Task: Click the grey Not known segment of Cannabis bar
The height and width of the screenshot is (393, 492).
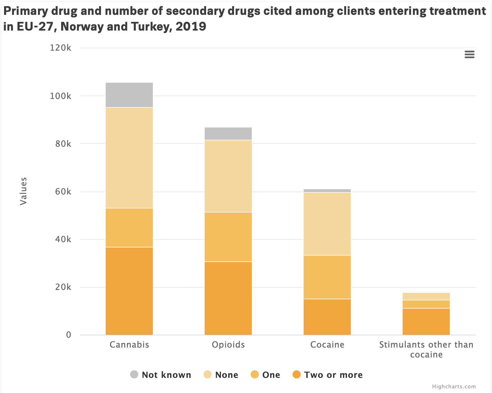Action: point(129,95)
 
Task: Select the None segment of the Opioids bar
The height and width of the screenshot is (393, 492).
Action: point(228,176)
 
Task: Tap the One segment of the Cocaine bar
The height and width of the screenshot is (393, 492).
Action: point(327,277)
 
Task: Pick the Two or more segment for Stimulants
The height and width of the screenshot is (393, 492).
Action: point(426,322)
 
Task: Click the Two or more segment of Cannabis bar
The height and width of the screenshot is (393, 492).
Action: point(129,291)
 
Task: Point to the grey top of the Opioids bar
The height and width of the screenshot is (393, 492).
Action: point(228,134)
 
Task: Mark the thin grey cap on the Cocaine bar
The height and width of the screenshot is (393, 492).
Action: point(327,191)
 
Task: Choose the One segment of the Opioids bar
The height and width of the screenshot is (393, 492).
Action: point(228,237)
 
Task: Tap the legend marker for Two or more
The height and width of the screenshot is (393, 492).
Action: point(296,374)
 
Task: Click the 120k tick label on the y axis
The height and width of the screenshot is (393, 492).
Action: point(61,48)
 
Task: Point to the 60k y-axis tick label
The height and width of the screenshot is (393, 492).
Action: point(63,192)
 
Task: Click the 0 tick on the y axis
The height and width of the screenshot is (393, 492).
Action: point(68,335)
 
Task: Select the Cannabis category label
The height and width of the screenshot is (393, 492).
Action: point(129,345)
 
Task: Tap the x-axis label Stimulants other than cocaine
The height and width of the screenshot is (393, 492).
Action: point(426,349)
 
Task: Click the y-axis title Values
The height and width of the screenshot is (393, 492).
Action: point(23,191)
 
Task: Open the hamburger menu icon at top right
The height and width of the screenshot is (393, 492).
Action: point(469,54)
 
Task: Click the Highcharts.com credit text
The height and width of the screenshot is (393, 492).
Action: point(454,387)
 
